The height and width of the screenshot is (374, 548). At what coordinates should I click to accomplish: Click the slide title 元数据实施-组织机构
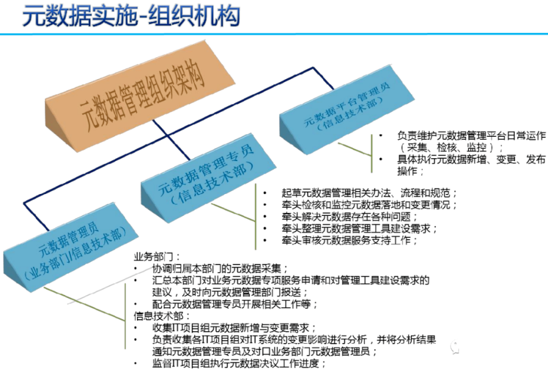(131, 17)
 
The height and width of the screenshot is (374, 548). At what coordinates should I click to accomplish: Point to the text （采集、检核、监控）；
(448, 147)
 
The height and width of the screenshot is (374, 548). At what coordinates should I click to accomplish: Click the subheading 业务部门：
(157, 256)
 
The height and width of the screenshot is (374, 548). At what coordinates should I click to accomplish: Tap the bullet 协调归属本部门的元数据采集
(219, 268)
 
